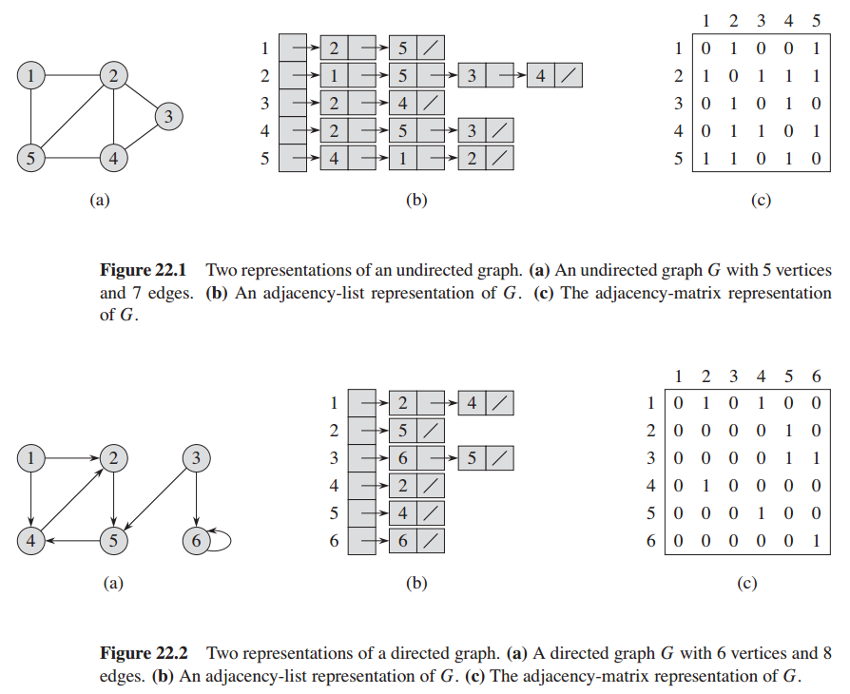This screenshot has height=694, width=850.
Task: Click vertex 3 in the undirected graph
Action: tap(168, 116)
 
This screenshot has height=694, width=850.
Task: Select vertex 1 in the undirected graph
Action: tap(32, 75)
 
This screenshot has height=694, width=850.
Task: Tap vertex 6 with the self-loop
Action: tap(196, 541)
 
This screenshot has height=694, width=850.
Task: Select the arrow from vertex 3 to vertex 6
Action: tap(196, 500)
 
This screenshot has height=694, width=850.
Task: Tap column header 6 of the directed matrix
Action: tap(815, 376)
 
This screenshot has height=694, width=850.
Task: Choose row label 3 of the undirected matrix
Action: tap(679, 103)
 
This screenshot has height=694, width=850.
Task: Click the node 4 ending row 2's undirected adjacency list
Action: tap(540, 75)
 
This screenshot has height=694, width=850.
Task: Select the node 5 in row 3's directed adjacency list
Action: tap(473, 458)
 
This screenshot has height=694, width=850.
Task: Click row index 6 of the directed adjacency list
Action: tap(334, 541)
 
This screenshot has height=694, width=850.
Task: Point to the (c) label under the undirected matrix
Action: tap(760, 200)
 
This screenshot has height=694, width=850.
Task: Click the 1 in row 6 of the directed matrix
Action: tap(815, 541)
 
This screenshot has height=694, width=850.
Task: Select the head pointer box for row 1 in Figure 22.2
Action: tap(361, 403)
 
